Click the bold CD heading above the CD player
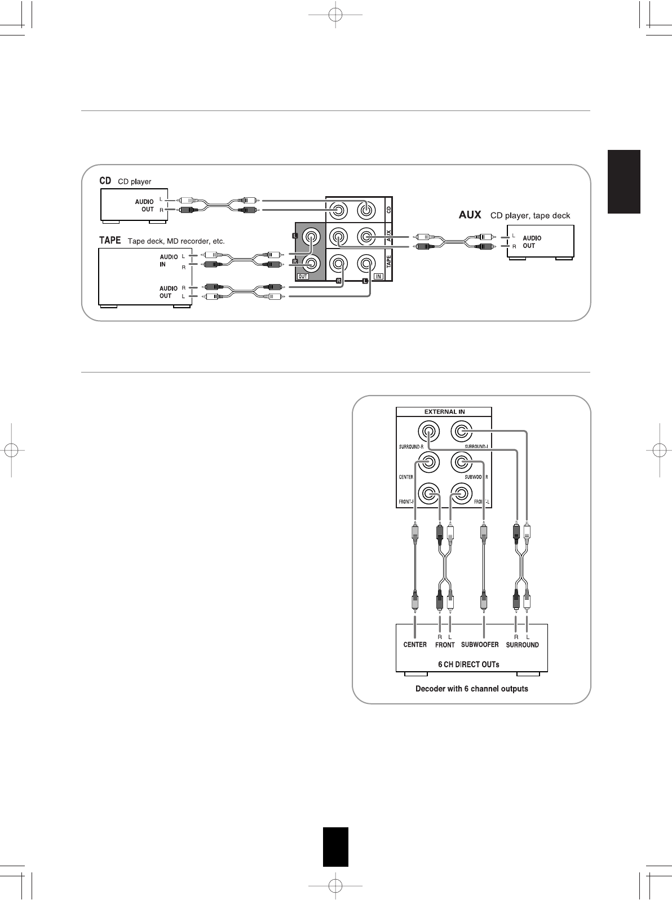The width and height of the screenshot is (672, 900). click(105, 181)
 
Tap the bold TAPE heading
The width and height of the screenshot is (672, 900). click(110, 241)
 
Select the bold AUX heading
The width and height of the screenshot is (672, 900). click(468, 215)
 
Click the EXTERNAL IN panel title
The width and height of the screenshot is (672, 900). click(444, 411)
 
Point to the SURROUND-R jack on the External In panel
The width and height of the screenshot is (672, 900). click(427, 432)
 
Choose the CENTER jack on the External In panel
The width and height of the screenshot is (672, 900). click(427, 463)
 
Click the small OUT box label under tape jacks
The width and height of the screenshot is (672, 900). click(303, 276)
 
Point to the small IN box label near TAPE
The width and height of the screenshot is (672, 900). click(379, 276)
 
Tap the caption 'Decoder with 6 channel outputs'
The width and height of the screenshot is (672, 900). click(471, 689)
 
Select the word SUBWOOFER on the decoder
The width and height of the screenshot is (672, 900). click(480, 644)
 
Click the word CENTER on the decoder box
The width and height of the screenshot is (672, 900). click(415, 644)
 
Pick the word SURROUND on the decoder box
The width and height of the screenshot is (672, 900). click(522, 645)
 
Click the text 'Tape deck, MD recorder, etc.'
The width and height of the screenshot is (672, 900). click(176, 241)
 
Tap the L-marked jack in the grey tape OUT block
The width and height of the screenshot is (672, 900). click(310, 236)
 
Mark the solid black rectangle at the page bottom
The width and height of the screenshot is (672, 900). click(335, 846)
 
